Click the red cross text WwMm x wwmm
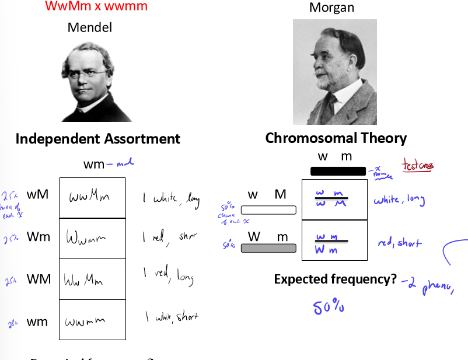coord(96,7)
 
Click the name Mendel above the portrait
coord(89,27)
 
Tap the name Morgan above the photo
coord(331,8)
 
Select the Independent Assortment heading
coord(97,139)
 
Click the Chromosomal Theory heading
coord(336,138)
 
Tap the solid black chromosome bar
coord(338,171)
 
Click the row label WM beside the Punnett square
coord(39,279)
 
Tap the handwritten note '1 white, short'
coord(172,317)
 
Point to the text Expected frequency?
coord(336,279)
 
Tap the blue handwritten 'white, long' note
coord(399,200)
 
